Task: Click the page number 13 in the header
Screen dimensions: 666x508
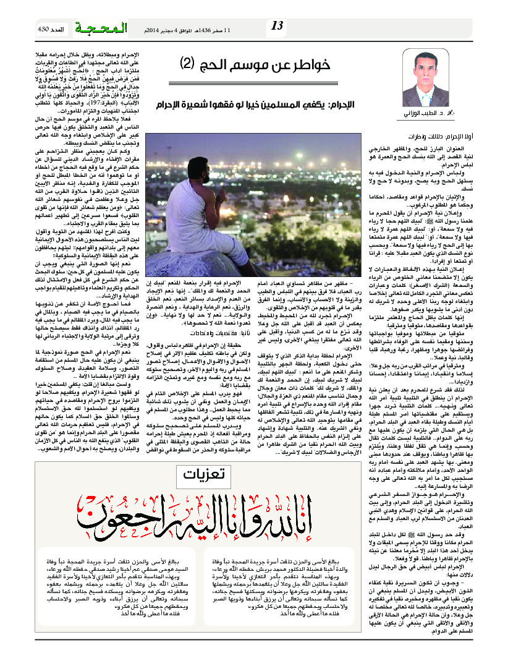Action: [277, 25]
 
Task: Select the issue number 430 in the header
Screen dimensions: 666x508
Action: [43, 29]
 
